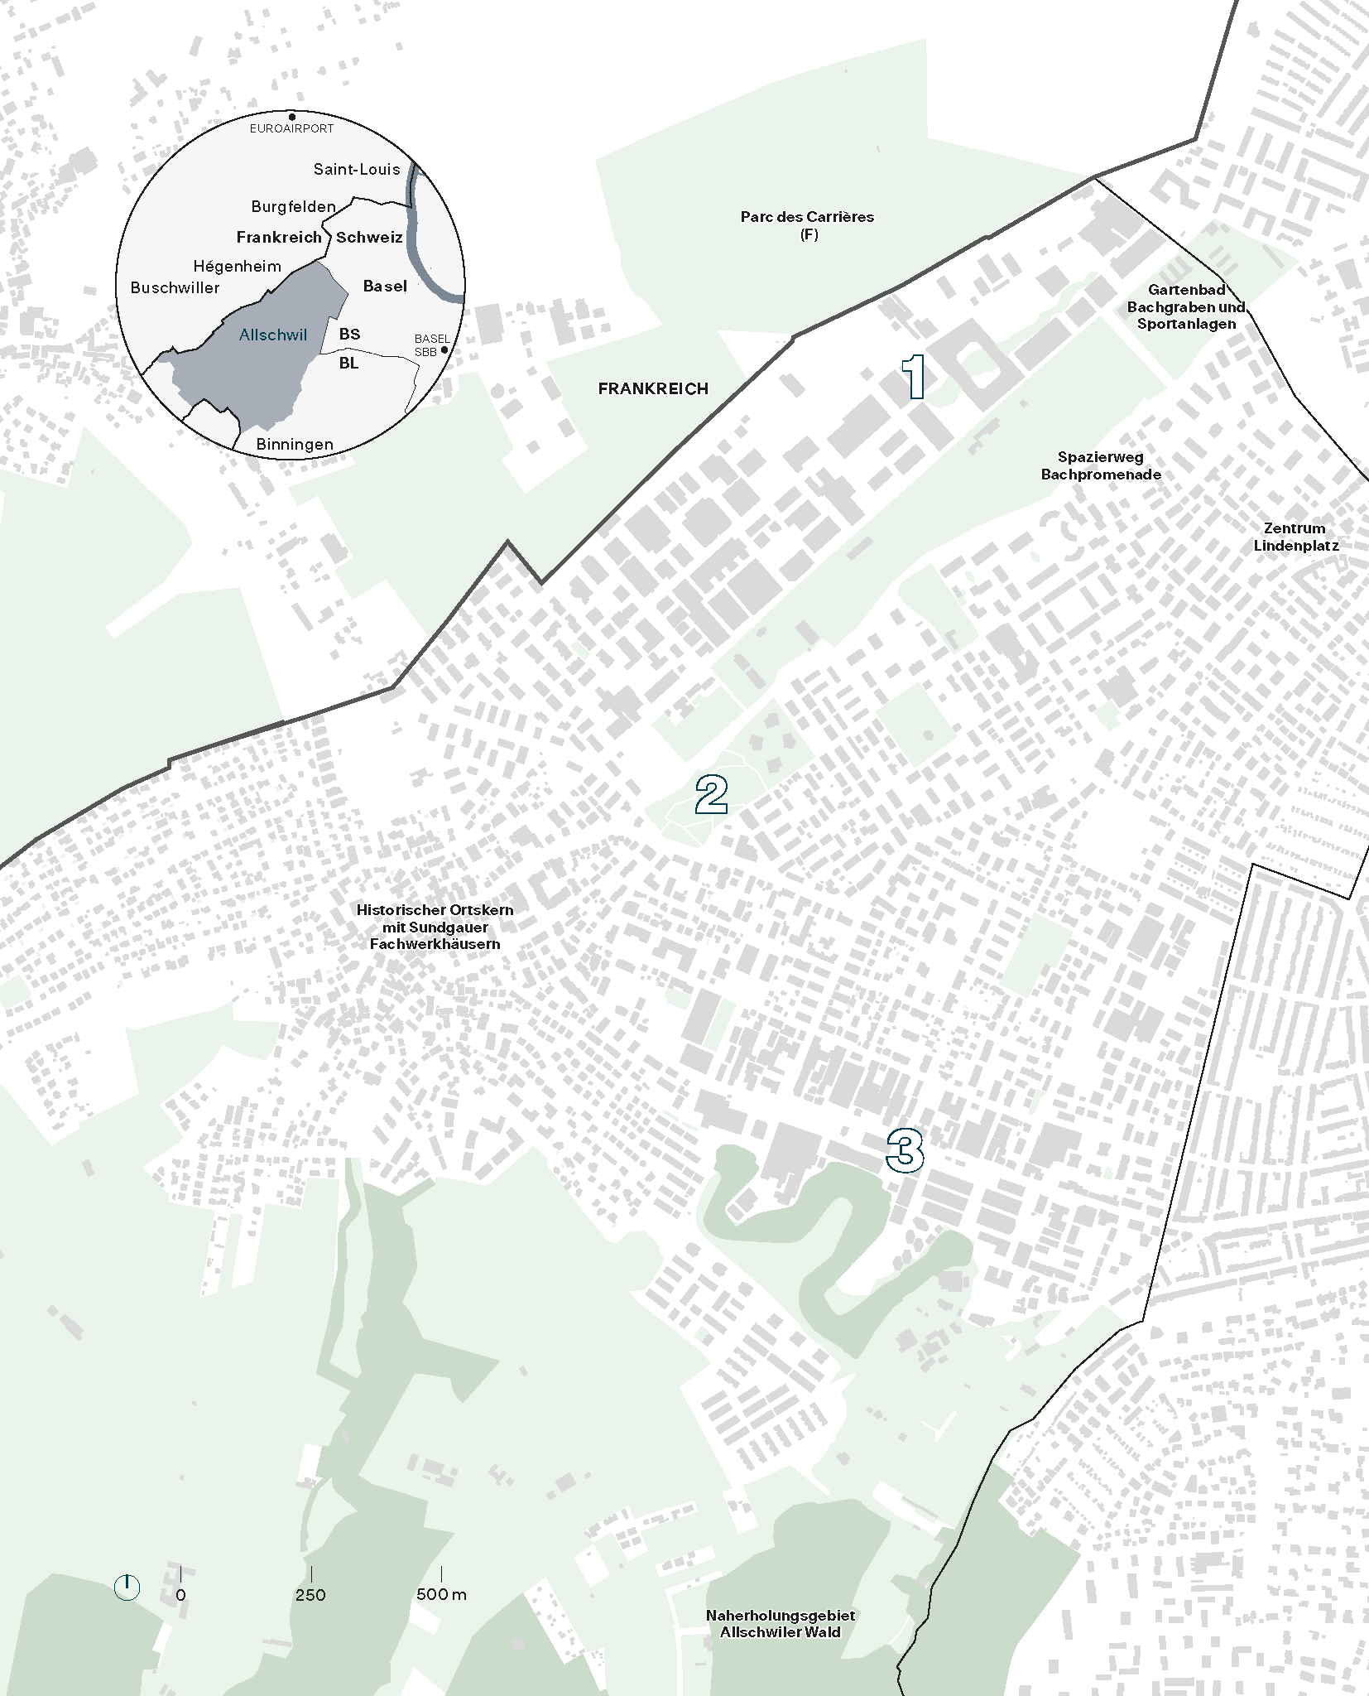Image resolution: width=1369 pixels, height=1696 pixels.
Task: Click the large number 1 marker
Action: coord(914,377)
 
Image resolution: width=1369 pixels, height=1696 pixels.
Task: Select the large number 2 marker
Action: coord(711,795)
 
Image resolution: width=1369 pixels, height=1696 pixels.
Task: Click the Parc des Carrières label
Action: coord(807,224)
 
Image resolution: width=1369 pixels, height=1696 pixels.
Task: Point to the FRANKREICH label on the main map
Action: coord(653,388)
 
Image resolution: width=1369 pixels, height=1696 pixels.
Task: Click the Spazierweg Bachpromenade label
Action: coord(1101,465)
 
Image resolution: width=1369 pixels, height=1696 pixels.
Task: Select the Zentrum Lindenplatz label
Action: coord(1295,537)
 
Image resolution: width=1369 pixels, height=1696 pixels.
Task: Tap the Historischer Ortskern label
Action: coord(435,927)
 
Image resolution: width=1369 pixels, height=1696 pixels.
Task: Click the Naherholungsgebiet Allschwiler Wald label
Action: coord(780,1623)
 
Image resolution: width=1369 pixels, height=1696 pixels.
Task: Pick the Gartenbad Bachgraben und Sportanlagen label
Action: coord(1186,306)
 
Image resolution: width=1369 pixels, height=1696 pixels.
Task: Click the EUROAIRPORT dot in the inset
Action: coord(291,117)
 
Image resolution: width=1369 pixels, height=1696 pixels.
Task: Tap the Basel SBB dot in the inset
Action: coord(444,350)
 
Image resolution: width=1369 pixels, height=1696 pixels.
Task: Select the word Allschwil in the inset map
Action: coord(272,335)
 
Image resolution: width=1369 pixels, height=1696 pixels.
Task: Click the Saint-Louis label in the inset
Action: coord(356,169)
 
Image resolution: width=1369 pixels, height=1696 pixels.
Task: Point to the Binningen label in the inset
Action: coord(294,444)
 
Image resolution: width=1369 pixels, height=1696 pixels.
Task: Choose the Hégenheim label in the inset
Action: coord(237,266)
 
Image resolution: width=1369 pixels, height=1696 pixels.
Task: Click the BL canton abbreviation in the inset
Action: coord(348,363)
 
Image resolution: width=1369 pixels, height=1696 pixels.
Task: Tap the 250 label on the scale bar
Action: coord(310,1594)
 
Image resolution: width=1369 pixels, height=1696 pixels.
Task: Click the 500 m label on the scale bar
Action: coord(441,1594)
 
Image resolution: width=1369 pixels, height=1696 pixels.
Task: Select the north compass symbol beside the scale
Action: coord(127,1588)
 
